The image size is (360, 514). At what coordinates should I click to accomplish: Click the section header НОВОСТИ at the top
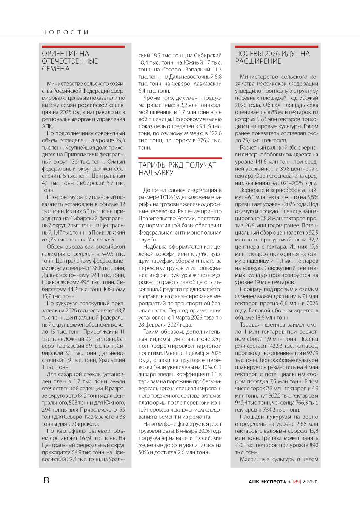[x=65, y=32]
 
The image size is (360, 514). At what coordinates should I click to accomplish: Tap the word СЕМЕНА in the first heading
[x=56, y=69]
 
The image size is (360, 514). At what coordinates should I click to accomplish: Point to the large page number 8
[x=46, y=481]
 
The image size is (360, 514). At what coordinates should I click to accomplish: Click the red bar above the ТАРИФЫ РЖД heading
[x=180, y=158]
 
